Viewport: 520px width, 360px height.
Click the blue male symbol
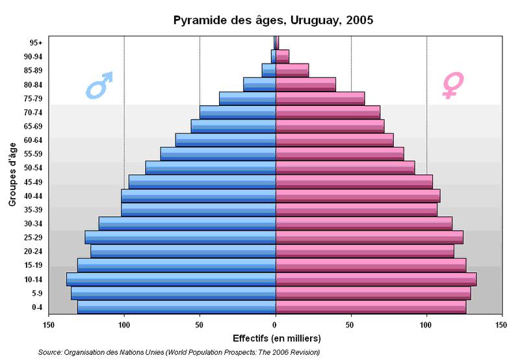[99, 85]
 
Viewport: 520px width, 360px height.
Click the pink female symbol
[450, 85]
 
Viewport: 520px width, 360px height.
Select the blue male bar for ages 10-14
[171, 279]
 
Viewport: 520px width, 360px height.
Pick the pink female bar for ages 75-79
[320, 98]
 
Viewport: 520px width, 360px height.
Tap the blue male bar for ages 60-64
[226, 140]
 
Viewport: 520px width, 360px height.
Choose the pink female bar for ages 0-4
[370, 307]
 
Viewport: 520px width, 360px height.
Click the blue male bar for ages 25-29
[180, 237]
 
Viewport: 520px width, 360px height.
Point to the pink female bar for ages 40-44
[357, 196]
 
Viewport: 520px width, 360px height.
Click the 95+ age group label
[36, 43]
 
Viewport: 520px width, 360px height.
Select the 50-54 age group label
[32, 168]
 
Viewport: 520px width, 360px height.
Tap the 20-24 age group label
[32, 251]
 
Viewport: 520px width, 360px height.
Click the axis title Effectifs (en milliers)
[276, 339]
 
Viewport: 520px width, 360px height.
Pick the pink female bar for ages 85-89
[292, 70]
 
